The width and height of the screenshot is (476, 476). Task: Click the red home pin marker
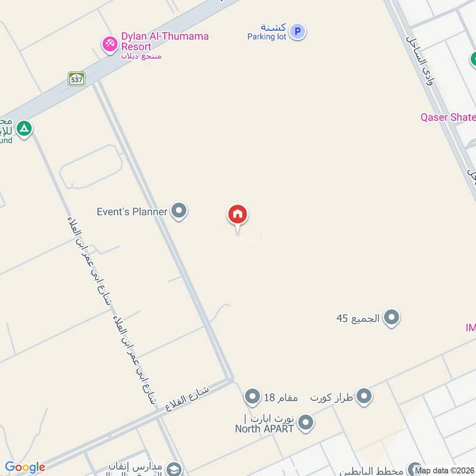tap(237, 215)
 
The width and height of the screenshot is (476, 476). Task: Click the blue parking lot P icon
tap(297, 32)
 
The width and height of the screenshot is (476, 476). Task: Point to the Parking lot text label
tap(267, 36)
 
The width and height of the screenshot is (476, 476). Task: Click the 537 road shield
tap(76, 78)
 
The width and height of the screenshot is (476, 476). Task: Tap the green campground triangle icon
tap(24, 128)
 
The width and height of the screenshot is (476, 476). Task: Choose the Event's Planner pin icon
tap(178, 211)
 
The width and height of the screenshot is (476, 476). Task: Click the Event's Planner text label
tap(132, 211)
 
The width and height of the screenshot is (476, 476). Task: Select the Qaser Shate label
tap(448, 117)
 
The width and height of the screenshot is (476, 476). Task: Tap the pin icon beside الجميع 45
tap(391, 318)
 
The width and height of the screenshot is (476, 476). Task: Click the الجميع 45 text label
tap(358, 318)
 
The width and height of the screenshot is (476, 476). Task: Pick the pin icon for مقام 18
tap(253, 396)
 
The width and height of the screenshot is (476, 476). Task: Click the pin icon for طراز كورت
tap(364, 396)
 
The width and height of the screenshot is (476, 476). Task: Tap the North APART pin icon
tap(305, 422)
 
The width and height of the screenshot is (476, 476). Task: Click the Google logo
tap(25, 467)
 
